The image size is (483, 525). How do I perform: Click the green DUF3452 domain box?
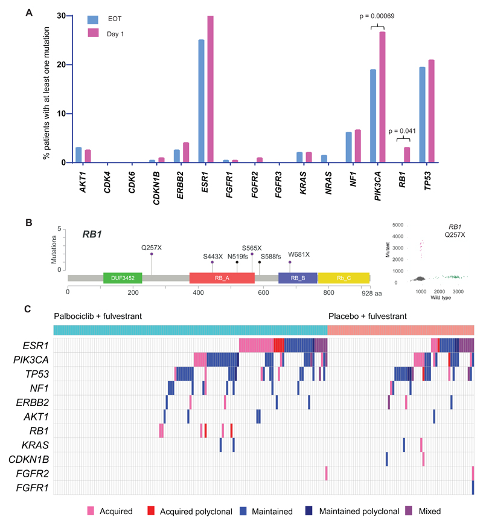(x=123, y=277)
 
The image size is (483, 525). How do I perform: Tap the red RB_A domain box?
(x=222, y=277)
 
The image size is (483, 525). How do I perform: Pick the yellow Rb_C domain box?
(x=343, y=277)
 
